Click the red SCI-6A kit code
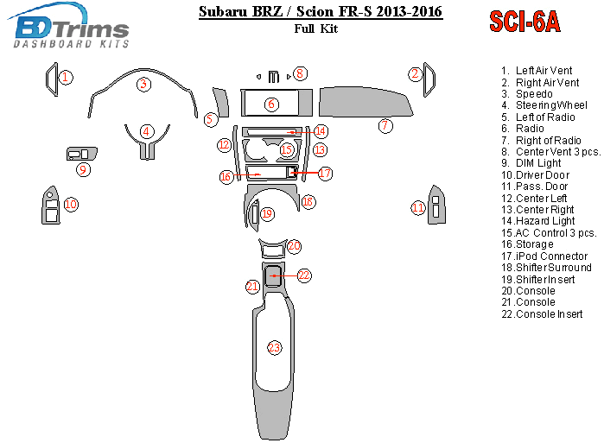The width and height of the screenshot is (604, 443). pos(525,22)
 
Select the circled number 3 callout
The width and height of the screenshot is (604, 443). pos(143,84)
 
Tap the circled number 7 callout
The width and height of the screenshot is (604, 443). pos(385,125)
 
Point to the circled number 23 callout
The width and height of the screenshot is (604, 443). pos(274,348)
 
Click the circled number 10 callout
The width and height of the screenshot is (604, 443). pos(71,204)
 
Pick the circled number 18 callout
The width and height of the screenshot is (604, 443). pos(308,202)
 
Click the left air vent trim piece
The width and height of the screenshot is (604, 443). pos(52,79)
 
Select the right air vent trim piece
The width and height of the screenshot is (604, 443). pos(429,79)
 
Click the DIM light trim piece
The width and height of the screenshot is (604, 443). pos(82,154)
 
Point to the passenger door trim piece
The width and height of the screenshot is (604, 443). pos(436,205)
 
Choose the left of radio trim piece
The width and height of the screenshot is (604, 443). pos(222,103)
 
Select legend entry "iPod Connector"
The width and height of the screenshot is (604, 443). pos(544,256)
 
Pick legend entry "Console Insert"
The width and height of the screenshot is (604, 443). pos(542,313)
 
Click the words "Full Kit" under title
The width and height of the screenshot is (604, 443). pos(316,28)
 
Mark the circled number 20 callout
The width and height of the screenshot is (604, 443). pos(294,246)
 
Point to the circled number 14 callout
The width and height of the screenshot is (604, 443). pos(321,131)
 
